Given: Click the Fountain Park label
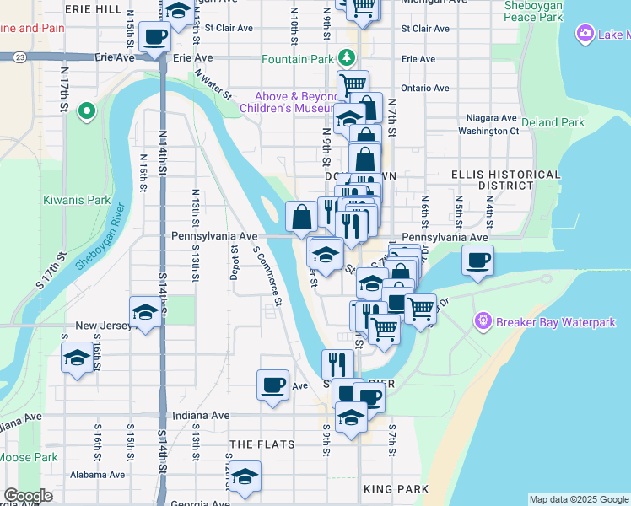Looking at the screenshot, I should click(297, 60).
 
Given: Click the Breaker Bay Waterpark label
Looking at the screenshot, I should click(556, 322).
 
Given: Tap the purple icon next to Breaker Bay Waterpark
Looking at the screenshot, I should click(483, 321).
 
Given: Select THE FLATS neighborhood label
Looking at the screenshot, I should click(260, 444).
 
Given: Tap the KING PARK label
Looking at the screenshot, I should click(396, 489).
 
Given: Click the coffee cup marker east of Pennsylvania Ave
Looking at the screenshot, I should click(478, 260).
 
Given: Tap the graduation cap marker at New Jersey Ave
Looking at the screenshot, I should click(146, 312).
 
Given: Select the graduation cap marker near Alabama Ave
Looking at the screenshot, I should click(245, 477).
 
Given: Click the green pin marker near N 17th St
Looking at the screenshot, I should click(85, 111).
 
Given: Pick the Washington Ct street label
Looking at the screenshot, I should click(488, 132).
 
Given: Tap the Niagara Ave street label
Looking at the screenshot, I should click(492, 118).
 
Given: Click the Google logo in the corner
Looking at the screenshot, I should click(29, 496).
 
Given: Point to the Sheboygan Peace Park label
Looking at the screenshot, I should click(532, 11).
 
